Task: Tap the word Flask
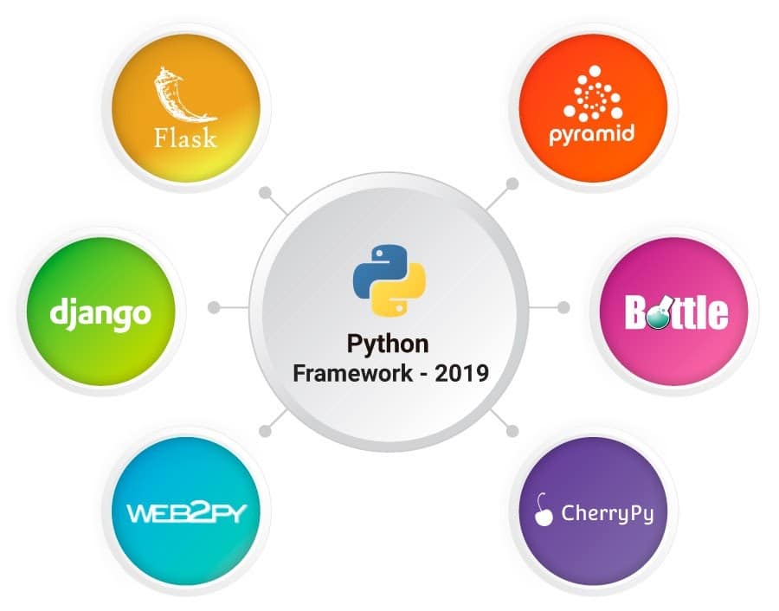point(185,138)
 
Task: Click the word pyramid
point(592,135)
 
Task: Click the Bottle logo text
point(676,313)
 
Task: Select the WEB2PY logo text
point(186,511)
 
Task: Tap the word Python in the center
point(388,344)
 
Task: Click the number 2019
point(460,374)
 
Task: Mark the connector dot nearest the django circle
point(214,306)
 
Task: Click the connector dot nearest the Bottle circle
point(564,306)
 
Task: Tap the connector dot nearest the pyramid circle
point(512,184)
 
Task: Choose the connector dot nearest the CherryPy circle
point(512,429)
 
